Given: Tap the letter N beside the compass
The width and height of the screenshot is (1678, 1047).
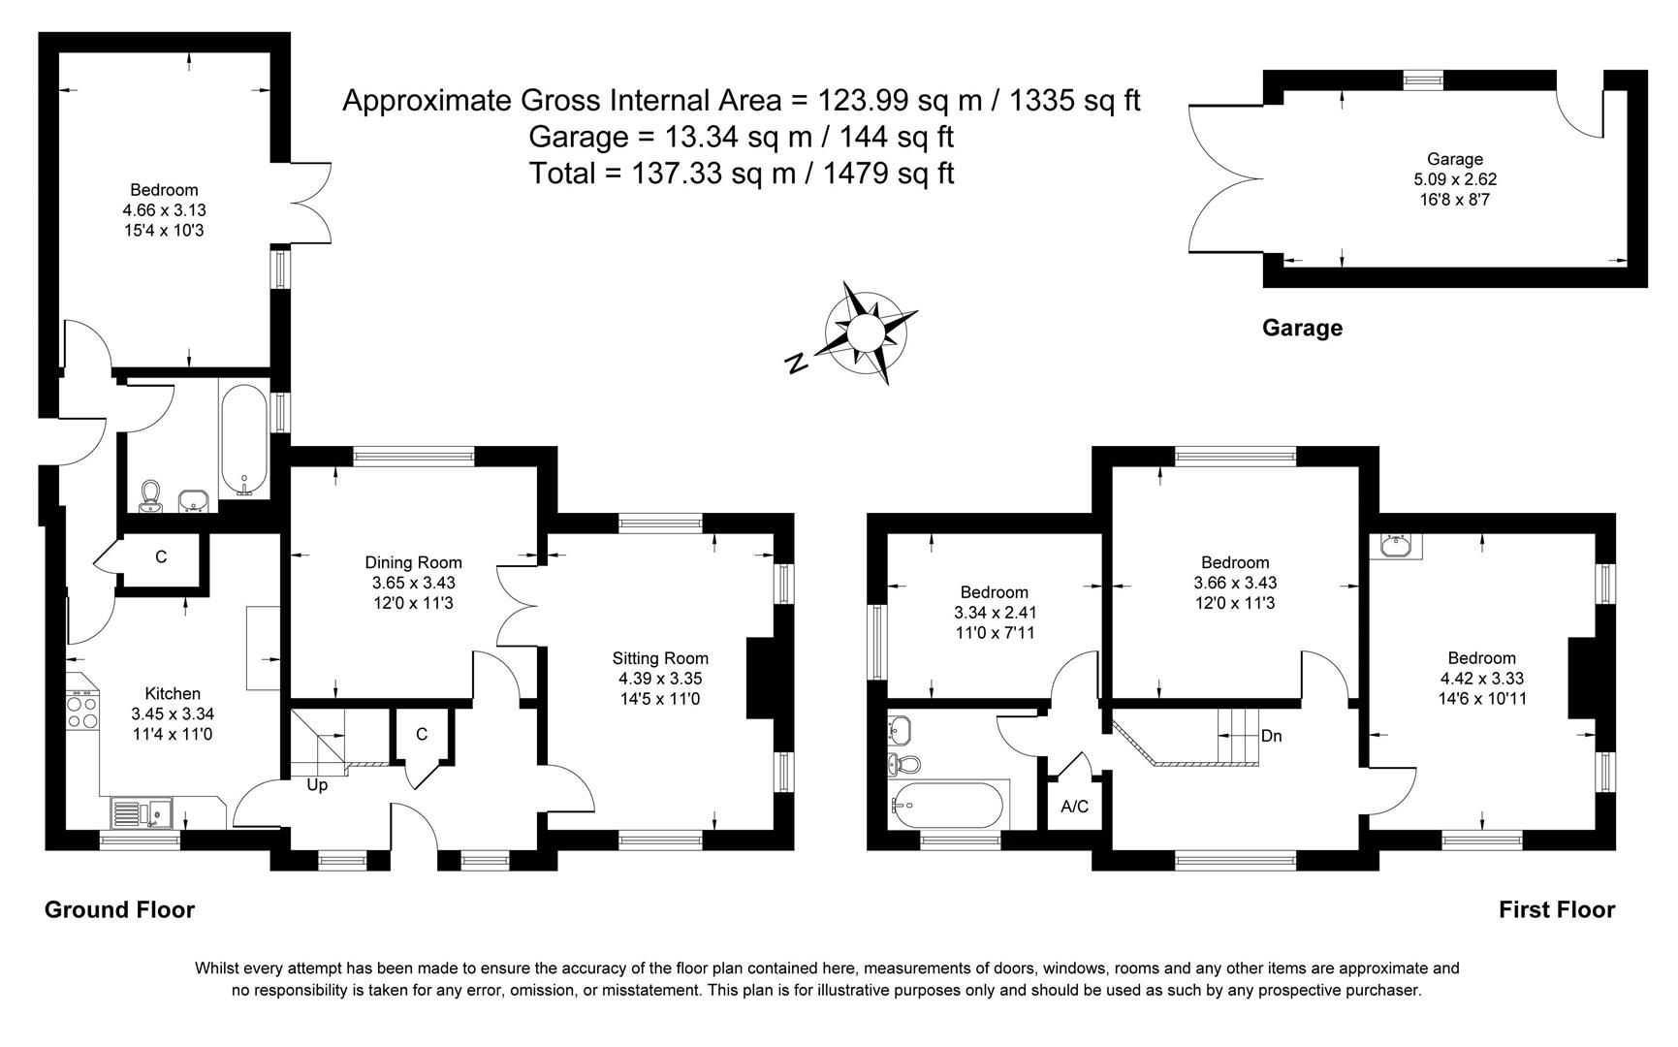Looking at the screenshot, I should (x=796, y=364).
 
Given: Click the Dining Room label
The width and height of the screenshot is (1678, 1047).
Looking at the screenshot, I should (x=413, y=562).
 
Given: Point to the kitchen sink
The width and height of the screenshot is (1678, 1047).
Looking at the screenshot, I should (x=141, y=813).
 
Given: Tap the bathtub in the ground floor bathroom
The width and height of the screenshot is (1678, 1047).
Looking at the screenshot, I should (x=243, y=441).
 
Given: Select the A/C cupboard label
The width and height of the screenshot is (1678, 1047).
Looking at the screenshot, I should (x=1074, y=807).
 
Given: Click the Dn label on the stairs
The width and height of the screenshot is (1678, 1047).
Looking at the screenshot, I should (x=1271, y=736).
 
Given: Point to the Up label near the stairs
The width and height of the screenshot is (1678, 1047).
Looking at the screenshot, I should (x=317, y=785).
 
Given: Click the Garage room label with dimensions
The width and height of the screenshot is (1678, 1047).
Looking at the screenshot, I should (x=1454, y=179).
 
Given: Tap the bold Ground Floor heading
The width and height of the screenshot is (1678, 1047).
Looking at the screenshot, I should (x=119, y=909).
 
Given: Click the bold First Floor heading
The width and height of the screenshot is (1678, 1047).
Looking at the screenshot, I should (x=1556, y=909).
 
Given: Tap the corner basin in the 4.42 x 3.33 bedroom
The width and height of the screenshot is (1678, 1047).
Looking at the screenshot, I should (x=1396, y=548).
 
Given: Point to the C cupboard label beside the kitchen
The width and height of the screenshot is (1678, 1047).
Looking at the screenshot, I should (x=161, y=556).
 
